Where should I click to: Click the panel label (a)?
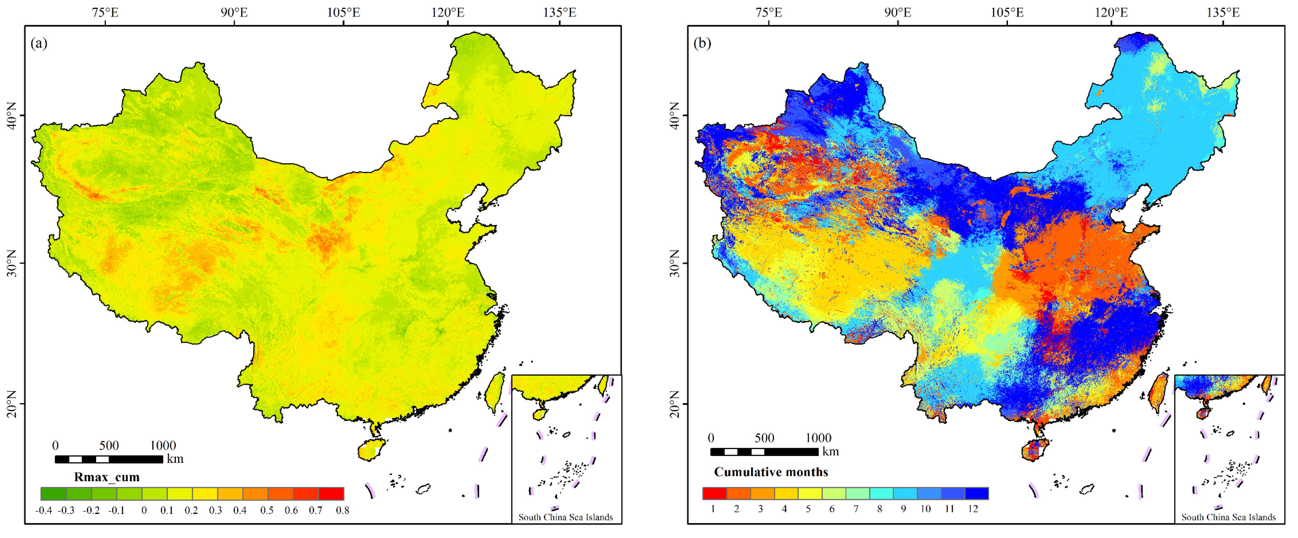[x=39, y=44]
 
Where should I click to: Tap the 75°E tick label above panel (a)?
[x=105, y=12]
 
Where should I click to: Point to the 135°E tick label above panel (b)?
[x=1222, y=12]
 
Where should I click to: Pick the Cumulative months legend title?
[x=771, y=472]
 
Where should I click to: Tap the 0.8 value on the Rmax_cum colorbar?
[x=343, y=510]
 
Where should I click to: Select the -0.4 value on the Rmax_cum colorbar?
[x=44, y=510]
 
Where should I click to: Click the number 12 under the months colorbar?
[x=973, y=509]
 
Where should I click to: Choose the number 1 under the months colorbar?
[x=713, y=509]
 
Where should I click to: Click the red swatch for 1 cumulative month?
[x=714, y=493]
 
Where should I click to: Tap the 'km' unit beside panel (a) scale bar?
[x=175, y=459]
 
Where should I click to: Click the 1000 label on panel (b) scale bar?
[x=818, y=438]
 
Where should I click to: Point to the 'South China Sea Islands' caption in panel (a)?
[x=565, y=517]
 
